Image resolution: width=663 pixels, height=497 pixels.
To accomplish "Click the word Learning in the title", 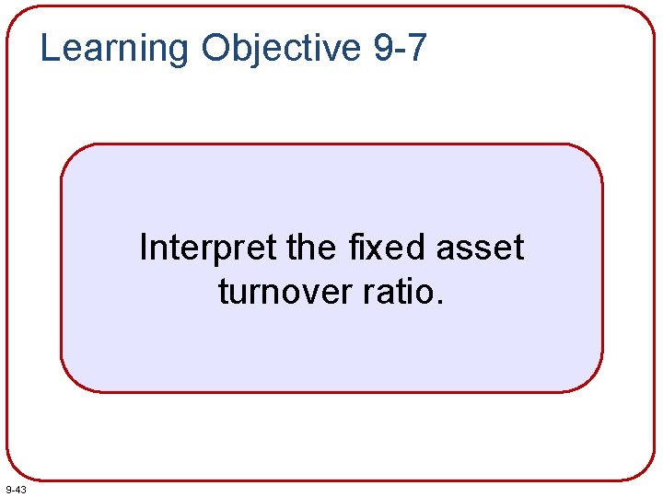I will pos(113,48).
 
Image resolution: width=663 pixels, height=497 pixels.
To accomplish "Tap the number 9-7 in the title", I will pos(401,48).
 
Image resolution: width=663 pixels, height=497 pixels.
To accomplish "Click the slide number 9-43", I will pos(16,489).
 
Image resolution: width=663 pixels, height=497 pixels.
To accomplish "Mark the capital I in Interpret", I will pos(144,248).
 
